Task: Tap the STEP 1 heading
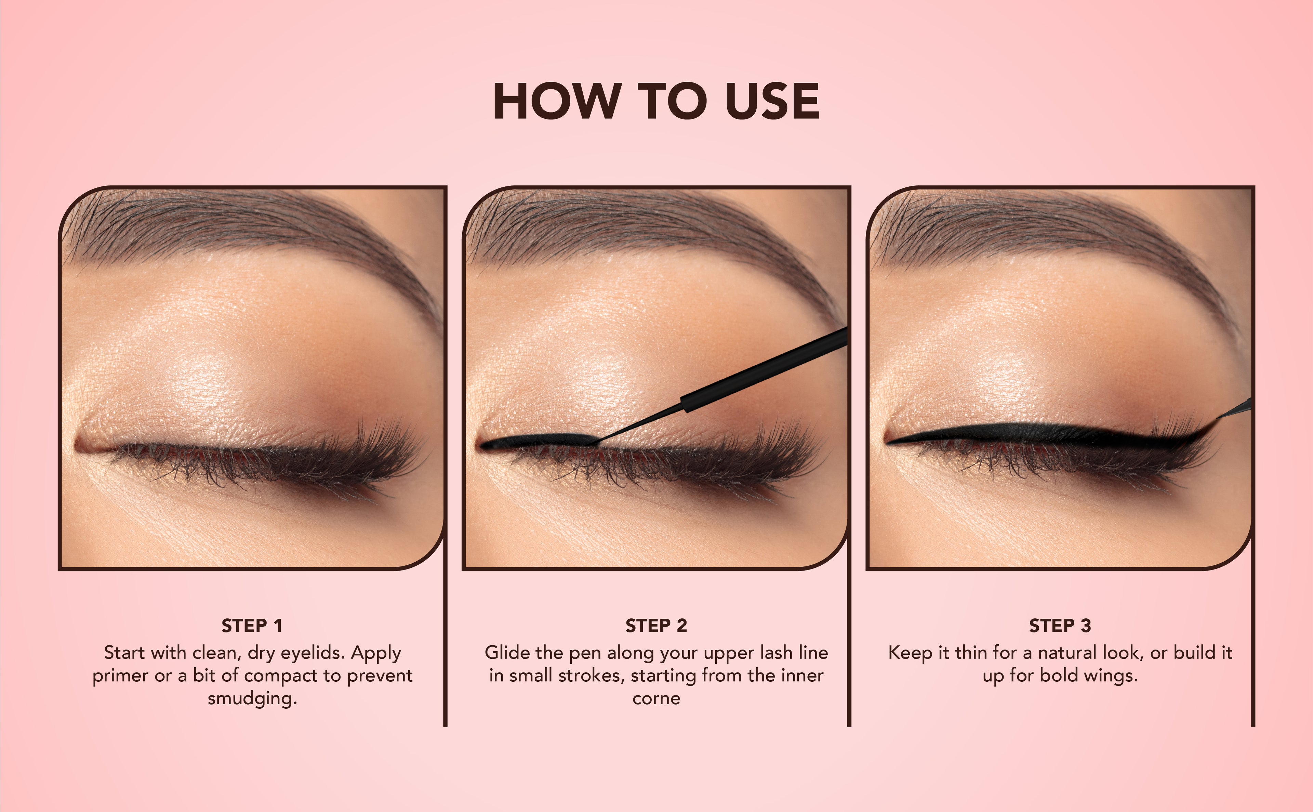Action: tap(252, 626)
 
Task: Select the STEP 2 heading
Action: tap(656, 626)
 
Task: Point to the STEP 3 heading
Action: tap(1060, 626)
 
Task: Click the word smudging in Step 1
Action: tap(252, 699)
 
